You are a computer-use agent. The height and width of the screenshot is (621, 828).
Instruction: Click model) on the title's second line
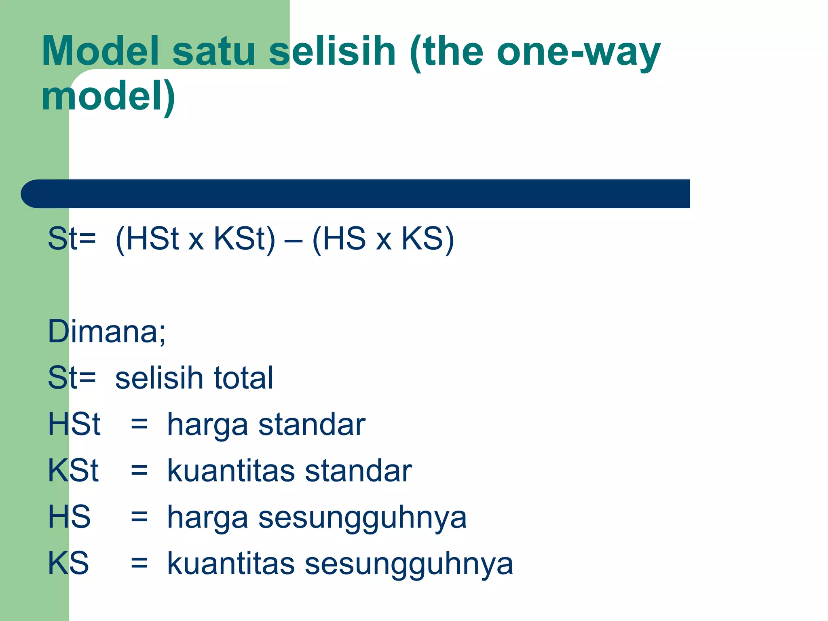[108, 96]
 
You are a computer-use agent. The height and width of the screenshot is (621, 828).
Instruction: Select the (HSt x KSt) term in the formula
[195, 239]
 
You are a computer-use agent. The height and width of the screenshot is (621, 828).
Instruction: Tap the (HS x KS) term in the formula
[383, 239]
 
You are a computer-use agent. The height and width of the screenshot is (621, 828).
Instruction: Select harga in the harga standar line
[207, 426]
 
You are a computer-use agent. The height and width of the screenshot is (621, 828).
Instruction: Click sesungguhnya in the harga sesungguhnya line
[362, 518]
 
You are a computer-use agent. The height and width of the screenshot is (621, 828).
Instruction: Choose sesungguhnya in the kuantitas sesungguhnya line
[409, 565]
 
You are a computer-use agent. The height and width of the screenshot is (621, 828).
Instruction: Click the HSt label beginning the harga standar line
[74, 424]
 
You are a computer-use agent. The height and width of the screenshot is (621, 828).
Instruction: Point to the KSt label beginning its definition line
[73, 471]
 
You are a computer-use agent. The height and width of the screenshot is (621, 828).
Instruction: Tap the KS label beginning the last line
[68, 563]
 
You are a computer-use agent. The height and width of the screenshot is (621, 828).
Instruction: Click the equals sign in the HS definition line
[139, 517]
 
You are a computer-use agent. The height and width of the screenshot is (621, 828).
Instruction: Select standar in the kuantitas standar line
[358, 471]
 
